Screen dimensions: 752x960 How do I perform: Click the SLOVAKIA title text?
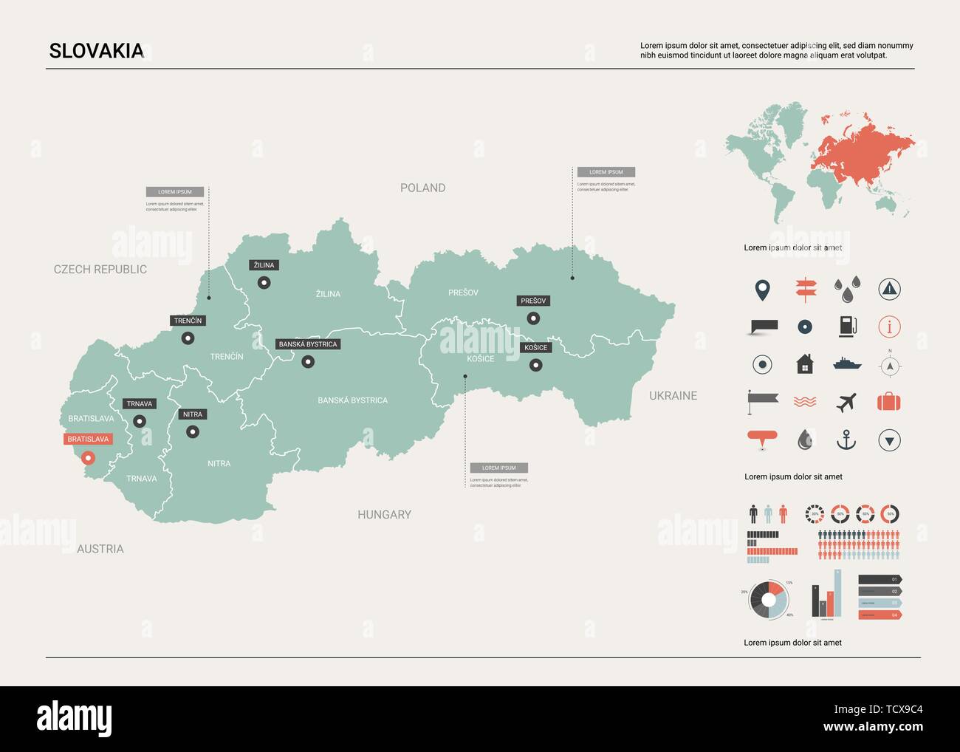[x=96, y=51]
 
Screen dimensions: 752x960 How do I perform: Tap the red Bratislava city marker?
[x=88, y=458]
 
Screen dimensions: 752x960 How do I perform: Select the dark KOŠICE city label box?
[x=535, y=347]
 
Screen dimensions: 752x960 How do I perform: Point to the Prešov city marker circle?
[x=533, y=318]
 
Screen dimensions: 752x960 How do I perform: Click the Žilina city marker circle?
[x=264, y=282]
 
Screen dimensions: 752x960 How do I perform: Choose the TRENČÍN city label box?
[x=188, y=321]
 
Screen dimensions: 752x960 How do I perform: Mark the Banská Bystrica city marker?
[x=308, y=361]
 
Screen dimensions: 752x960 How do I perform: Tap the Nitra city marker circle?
[x=193, y=432]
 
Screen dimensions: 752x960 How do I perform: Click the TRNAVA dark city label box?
[x=139, y=404]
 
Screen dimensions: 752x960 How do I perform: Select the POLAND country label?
[x=422, y=188]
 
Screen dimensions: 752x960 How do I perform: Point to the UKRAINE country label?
[x=673, y=396]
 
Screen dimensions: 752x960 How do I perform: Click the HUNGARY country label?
[x=384, y=514]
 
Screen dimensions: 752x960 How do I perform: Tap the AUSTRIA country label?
[x=100, y=549]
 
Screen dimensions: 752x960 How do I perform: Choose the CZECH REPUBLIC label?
[x=100, y=269]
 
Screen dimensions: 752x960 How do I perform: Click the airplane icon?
[x=846, y=403]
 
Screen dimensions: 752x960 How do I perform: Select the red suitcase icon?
[x=889, y=403]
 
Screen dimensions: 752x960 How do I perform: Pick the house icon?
[x=805, y=363]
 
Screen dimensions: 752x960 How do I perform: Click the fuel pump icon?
[x=847, y=326]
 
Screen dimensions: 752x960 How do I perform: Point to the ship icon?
[x=846, y=363]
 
